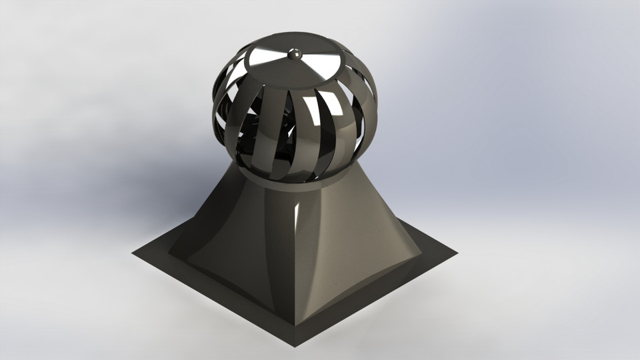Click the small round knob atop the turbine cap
tap(293, 53)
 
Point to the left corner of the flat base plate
tap(133, 253)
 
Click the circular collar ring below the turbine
tap(293, 183)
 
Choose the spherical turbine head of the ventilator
tap(293, 113)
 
